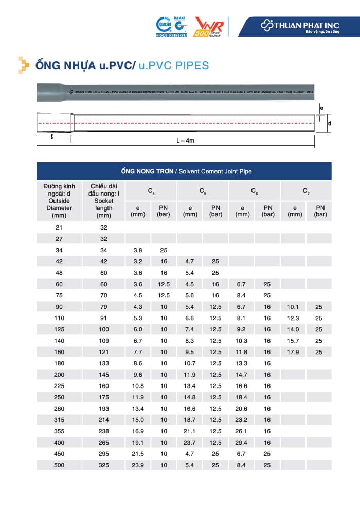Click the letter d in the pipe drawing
coord(329,124)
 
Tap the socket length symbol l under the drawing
coord(52,137)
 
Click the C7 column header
coord(306,191)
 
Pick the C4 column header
coord(151,191)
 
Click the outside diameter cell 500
coord(59,465)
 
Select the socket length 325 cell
coord(104,465)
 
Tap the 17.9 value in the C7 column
coord(293,351)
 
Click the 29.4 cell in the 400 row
coord(242,442)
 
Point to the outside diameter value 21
coord(59,227)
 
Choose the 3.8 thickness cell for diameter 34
coord(138,250)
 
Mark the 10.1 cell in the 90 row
coord(293,306)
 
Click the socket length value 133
coord(104,363)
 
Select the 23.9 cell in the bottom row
coord(138,465)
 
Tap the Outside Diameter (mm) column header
coord(59,201)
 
